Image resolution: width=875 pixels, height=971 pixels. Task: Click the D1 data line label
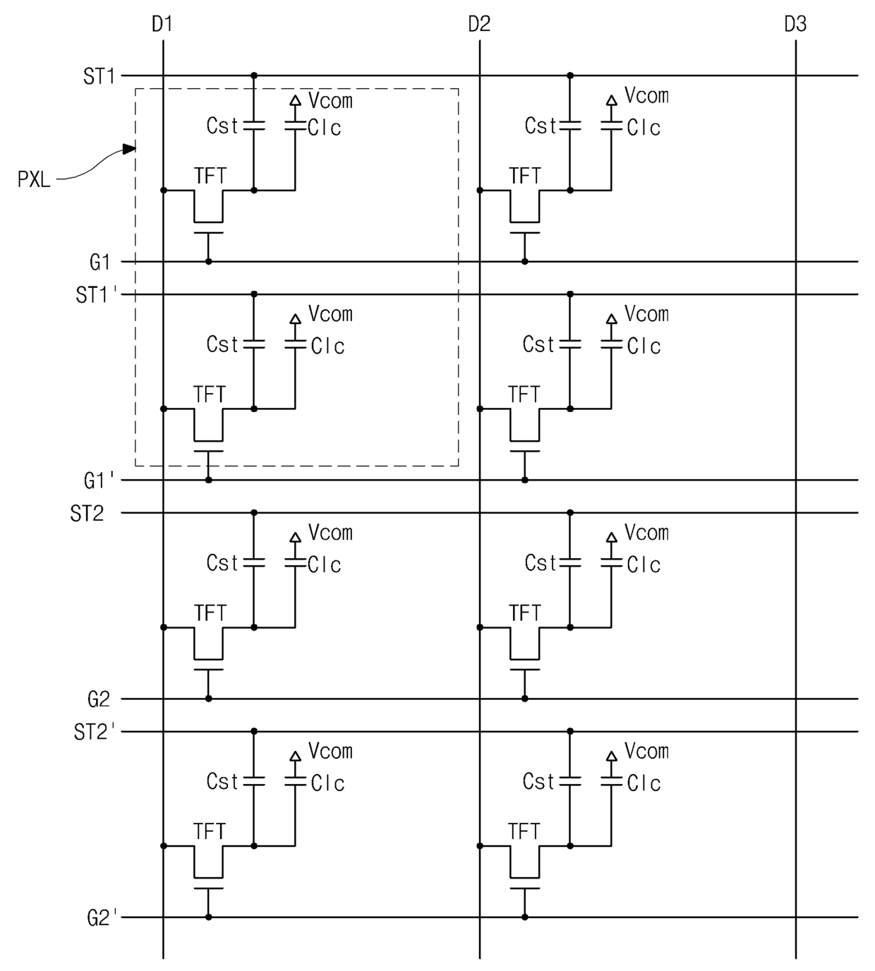click(x=162, y=24)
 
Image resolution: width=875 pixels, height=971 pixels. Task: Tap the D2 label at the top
click(x=479, y=24)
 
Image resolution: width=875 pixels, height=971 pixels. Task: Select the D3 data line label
click(x=795, y=24)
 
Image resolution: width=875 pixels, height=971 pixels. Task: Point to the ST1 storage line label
click(x=99, y=76)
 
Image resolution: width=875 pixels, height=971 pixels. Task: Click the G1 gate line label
click(x=99, y=263)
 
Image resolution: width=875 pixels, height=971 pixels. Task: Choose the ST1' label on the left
click(x=97, y=295)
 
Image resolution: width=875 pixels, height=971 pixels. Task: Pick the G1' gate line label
click(x=99, y=481)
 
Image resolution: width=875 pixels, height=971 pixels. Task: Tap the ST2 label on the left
click(x=87, y=513)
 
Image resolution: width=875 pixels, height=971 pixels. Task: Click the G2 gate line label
click(x=98, y=699)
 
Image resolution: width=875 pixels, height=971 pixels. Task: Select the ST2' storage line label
click(x=95, y=732)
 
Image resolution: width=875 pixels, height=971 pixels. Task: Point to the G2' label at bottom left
click(x=102, y=918)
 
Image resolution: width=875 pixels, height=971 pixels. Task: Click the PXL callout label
click(x=34, y=179)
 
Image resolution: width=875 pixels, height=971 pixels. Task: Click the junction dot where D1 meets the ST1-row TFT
click(x=164, y=191)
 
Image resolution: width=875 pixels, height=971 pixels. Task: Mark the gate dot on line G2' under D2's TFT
click(x=524, y=917)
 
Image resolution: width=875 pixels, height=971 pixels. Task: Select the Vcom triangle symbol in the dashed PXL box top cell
click(x=295, y=100)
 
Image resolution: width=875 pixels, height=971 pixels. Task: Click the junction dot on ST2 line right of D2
click(x=570, y=512)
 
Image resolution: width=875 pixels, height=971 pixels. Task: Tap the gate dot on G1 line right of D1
click(x=208, y=261)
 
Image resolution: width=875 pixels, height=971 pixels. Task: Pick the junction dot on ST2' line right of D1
click(x=254, y=731)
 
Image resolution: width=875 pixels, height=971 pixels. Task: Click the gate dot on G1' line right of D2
click(x=524, y=480)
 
